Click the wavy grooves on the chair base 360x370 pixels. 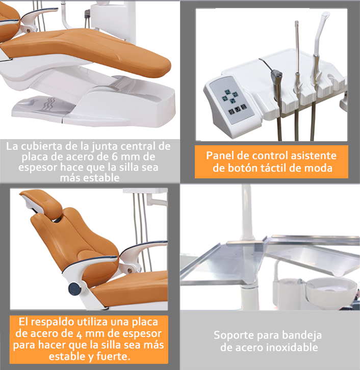(x=49, y=104)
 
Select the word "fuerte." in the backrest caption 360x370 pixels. (x=114, y=357)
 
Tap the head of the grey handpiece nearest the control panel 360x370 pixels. (x=276, y=75)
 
